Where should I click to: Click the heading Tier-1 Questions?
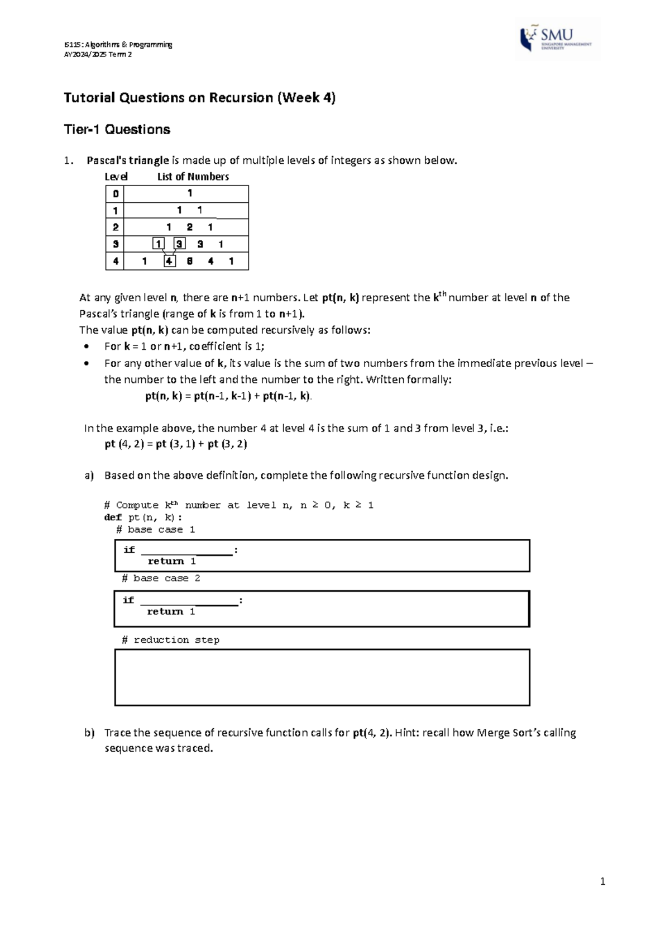pyautogui.click(x=117, y=130)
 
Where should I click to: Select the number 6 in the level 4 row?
pyautogui.click(x=190, y=261)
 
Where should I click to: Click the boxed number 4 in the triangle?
pyautogui.click(x=169, y=261)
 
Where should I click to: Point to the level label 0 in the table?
pyautogui.click(x=115, y=194)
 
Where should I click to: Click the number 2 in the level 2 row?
pyautogui.click(x=190, y=227)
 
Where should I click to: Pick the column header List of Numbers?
pyautogui.click(x=193, y=177)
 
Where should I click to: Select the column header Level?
pyautogui.click(x=116, y=177)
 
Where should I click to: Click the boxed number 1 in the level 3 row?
pyautogui.click(x=159, y=244)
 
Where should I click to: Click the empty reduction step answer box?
pyautogui.click(x=322, y=677)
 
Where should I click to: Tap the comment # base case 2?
pyautogui.click(x=161, y=578)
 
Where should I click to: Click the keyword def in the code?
pyautogui.click(x=113, y=518)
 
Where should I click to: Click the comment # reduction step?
pyautogui.click(x=170, y=640)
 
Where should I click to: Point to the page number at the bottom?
pyautogui.click(x=602, y=882)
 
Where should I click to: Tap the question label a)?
pyautogui.click(x=89, y=476)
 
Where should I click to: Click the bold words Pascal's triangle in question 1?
pyautogui.click(x=127, y=161)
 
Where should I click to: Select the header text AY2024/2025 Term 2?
pyautogui.click(x=98, y=55)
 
